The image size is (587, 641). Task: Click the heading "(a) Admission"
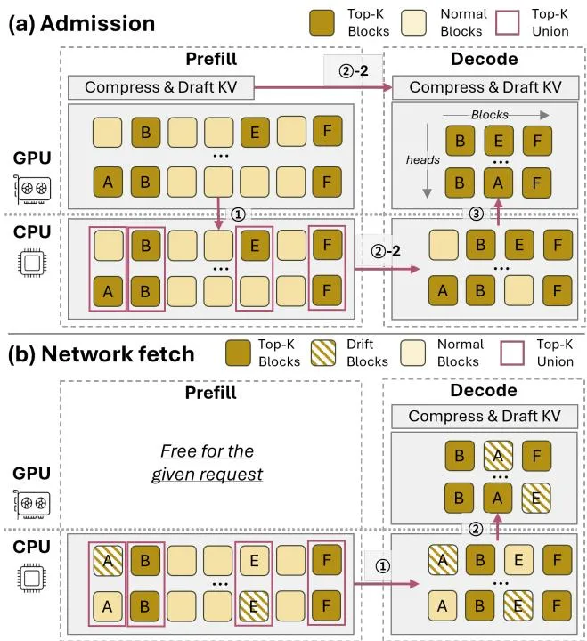(x=81, y=24)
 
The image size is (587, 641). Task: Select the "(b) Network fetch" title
(x=101, y=354)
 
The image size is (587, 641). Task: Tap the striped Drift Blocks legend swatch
(x=322, y=353)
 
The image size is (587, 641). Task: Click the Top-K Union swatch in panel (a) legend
(x=507, y=23)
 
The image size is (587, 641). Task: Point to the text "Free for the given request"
(x=207, y=462)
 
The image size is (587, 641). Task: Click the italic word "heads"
(x=422, y=160)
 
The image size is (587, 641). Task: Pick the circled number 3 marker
(x=476, y=214)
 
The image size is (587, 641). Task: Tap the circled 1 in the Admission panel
(x=238, y=214)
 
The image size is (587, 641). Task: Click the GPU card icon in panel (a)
(x=32, y=189)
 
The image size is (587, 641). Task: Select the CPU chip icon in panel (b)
(x=32, y=578)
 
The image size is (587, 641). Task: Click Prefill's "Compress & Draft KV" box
(x=160, y=87)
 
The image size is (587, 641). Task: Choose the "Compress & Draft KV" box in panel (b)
(x=485, y=416)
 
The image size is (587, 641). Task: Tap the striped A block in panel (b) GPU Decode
(x=498, y=456)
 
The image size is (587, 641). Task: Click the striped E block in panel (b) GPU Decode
(x=536, y=498)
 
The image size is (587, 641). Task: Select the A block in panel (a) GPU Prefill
(x=108, y=182)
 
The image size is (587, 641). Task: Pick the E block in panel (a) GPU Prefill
(x=255, y=132)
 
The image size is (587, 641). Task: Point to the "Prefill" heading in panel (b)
(x=211, y=393)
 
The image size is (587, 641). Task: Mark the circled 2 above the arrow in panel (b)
(x=475, y=530)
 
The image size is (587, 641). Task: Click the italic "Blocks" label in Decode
(x=490, y=115)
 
